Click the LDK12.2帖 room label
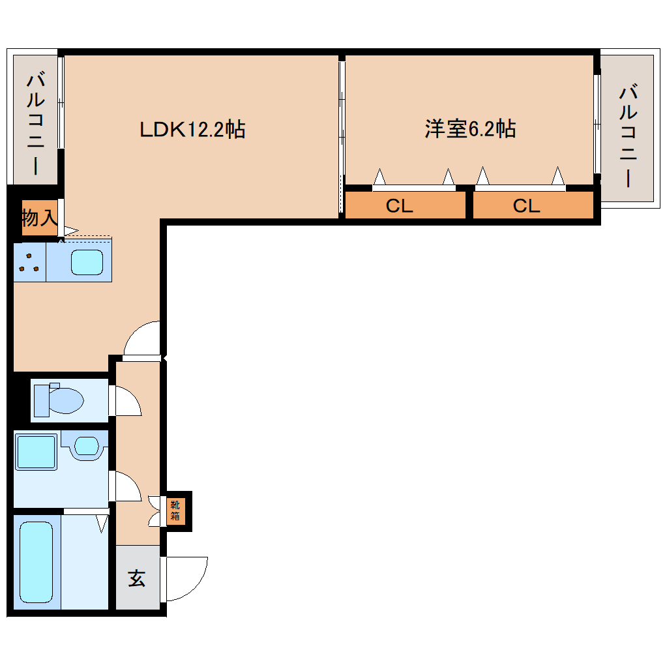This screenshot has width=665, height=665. (x=192, y=129)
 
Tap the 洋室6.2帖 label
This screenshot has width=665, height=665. (x=470, y=128)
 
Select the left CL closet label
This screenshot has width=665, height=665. (x=399, y=206)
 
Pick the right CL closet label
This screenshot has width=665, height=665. (x=526, y=206)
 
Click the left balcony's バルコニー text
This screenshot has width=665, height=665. (x=36, y=125)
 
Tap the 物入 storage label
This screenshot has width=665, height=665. (x=39, y=218)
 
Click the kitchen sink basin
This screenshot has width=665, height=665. (x=87, y=262)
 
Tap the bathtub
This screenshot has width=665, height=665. (x=36, y=562)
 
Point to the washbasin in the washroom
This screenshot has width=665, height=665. (x=86, y=447)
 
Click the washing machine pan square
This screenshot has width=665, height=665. (x=36, y=452)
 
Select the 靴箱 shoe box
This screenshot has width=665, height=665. (x=176, y=510)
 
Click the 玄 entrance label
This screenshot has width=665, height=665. (x=136, y=578)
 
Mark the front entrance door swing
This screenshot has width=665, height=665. (x=186, y=577)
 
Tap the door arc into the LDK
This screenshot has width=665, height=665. (x=142, y=339)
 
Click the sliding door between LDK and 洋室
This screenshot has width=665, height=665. (x=342, y=137)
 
